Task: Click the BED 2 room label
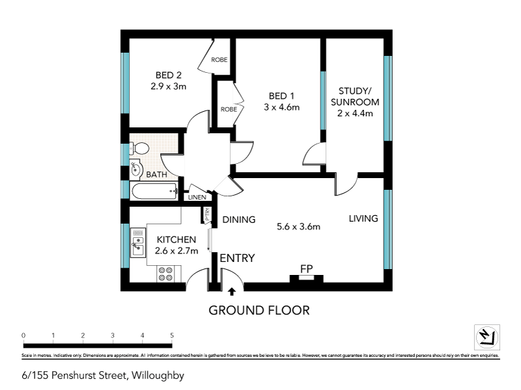coord(164,75)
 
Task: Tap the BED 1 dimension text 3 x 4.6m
coord(281,107)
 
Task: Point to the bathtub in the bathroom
coord(154,192)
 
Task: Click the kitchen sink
coord(137,244)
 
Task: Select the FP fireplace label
coord(307,268)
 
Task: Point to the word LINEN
coord(197,197)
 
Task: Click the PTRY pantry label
coord(207,215)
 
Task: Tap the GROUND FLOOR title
coord(259,310)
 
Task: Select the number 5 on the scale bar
coord(172,335)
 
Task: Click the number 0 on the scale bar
coord(23,335)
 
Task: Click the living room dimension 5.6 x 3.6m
coord(299,227)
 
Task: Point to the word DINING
coord(239,219)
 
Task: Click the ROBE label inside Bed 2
coord(219,60)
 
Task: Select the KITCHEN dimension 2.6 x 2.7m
coord(176,251)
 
